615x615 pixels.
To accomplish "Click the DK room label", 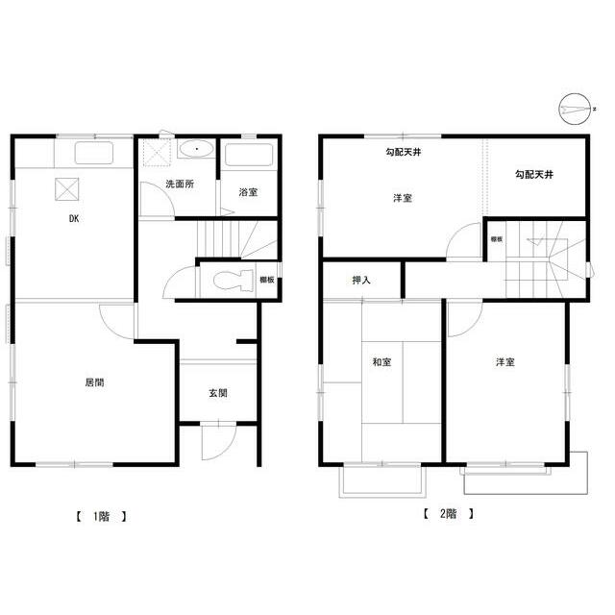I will pyautogui.click(x=73, y=219).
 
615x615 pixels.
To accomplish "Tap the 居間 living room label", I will pyautogui.click(x=94, y=382).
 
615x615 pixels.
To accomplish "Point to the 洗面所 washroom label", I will pyautogui.click(x=180, y=184).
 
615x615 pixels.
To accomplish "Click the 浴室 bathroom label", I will pyautogui.click(x=248, y=192).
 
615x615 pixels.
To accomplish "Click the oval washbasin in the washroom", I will pyautogui.click(x=197, y=150).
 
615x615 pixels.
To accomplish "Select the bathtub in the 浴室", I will pyautogui.click(x=250, y=155).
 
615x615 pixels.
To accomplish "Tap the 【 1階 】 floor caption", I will pyautogui.click(x=101, y=516).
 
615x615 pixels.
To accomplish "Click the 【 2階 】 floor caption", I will pyautogui.click(x=449, y=513).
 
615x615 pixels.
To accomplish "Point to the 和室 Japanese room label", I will pyautogui.click(x=381, y=362).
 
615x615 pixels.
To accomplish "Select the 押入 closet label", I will pyautogui.click(x=362, y=281).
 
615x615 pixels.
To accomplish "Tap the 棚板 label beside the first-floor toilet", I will pyautogui.click(x=268, y=280).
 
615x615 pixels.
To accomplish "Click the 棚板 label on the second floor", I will pyautogui.click(x=497, y=239).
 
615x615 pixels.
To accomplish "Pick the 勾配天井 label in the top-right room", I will pyautogui.click(x=533, y=174).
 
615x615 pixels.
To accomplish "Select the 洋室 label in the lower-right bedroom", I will pyautogui.click(x=505, y=362).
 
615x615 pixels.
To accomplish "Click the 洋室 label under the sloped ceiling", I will pyautogui.click(x=403, y=198).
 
